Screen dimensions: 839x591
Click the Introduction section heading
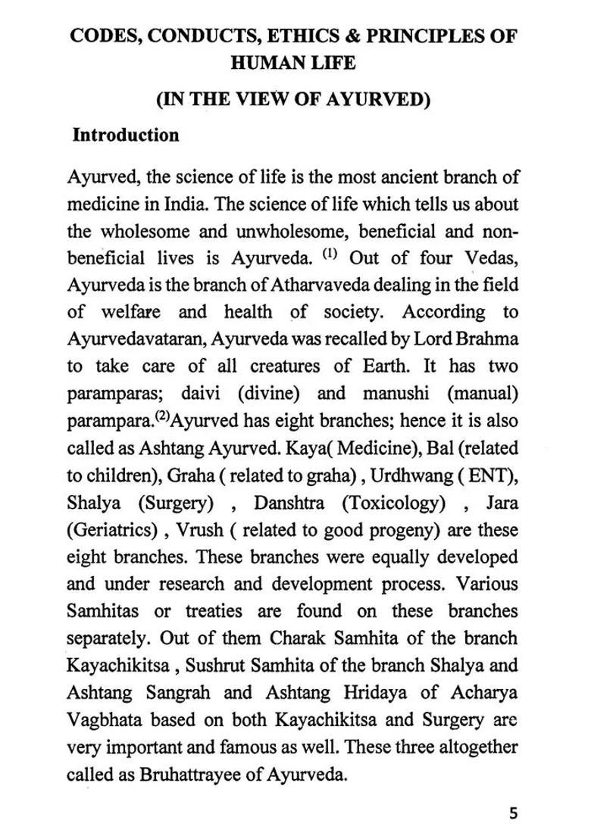126,136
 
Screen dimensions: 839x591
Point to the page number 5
514,815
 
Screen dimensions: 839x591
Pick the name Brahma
492,340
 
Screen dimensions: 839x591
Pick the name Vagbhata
104,720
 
